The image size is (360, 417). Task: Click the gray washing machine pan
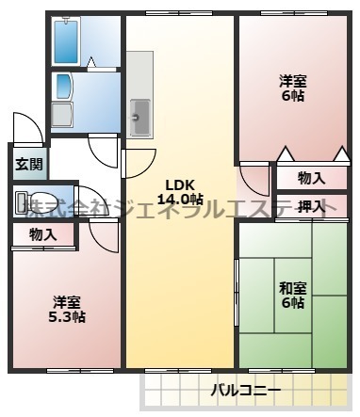62,115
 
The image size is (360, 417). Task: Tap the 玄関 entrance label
26,164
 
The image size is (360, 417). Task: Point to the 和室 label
291,288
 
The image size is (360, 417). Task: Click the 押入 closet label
311,206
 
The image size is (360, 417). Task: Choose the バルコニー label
245,390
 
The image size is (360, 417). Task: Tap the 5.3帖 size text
68,317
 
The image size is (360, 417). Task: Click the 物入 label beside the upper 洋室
311,178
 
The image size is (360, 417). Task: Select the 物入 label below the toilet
41,234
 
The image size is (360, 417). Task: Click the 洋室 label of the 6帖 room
292,80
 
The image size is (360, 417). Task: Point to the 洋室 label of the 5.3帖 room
68,301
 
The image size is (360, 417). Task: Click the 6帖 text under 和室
291,303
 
